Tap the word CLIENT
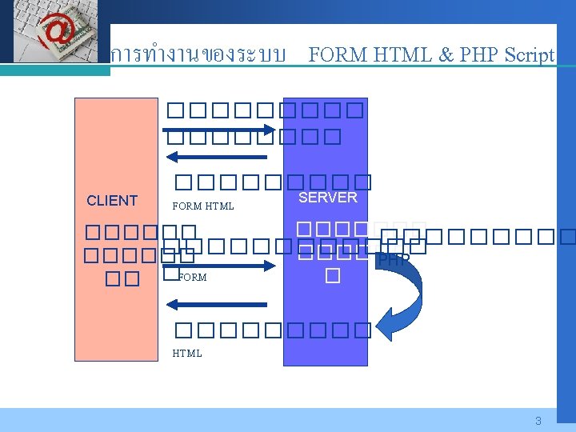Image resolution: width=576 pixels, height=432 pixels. pos(112,201)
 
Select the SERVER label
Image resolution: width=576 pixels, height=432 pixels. pos(327,197)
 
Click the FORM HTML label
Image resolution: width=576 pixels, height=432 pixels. pos(203,206)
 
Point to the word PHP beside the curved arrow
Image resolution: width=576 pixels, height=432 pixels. pos(393,260)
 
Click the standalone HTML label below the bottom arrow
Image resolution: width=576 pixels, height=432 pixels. pos(187,353)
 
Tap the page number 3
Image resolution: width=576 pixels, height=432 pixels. pos(538,421)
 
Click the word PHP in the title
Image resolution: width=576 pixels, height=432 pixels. pos(477,55)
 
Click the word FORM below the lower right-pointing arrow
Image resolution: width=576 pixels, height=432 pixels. pos(192,278)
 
